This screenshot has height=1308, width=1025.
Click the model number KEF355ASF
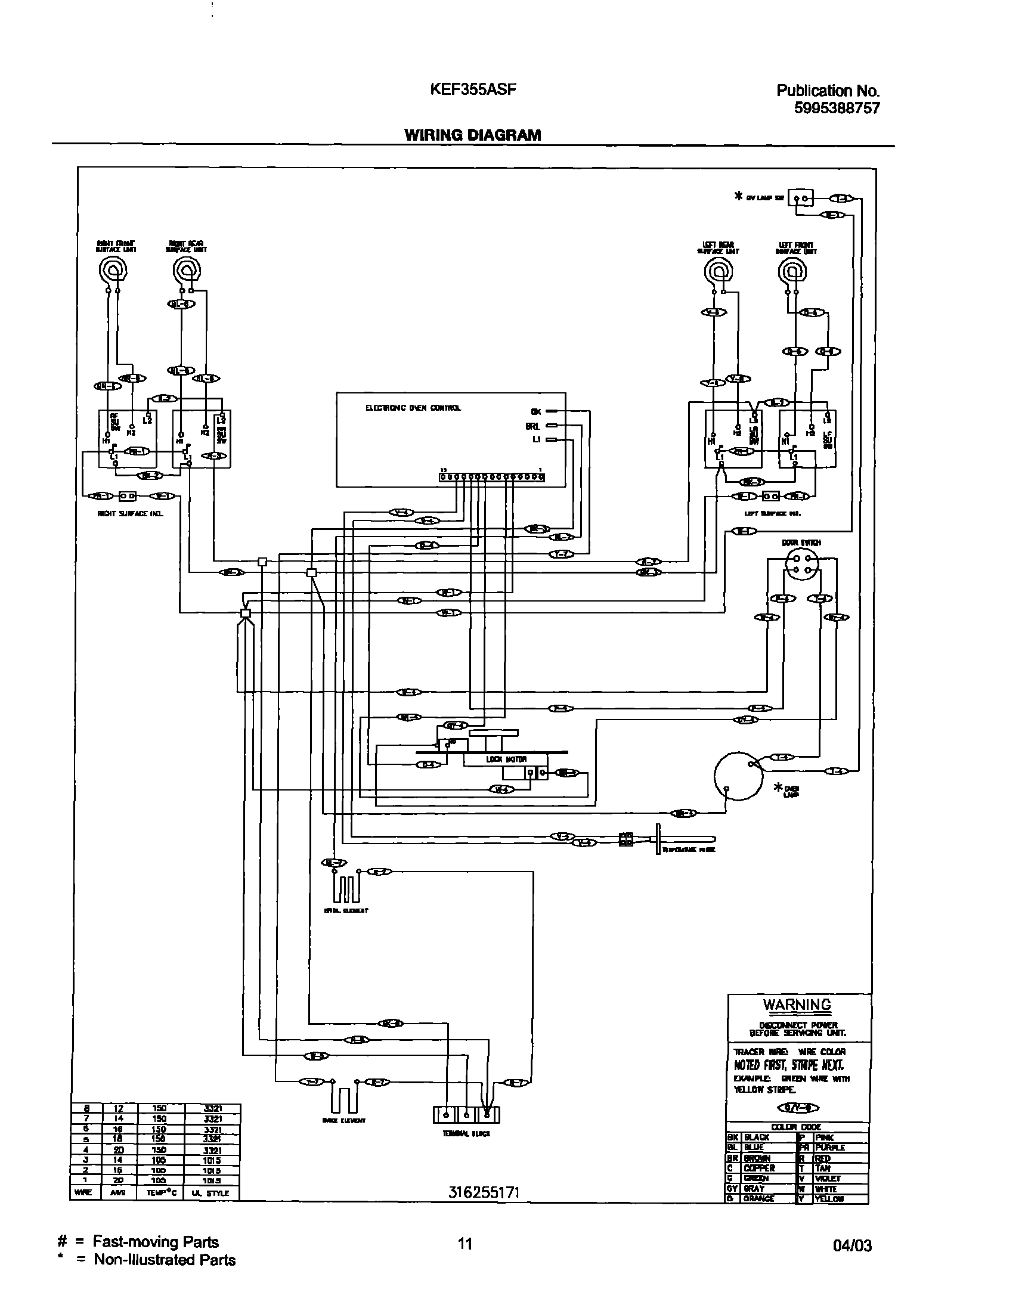click(473, 89)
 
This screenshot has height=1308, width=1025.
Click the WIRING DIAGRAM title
click(472, 135)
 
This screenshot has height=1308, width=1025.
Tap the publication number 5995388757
click(837, 108)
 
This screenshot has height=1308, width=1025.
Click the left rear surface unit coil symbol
click(718, 272)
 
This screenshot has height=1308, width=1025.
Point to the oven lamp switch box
click(801, 197)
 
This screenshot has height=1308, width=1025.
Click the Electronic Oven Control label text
click(413, 408)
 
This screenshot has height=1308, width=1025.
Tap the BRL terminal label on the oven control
click(534, 426)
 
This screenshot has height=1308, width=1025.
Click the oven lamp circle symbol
click(739, 776)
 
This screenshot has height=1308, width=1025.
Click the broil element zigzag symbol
click(346, 889)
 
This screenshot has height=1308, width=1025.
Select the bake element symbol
click(343, 1099)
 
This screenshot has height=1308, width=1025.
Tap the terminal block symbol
click(466, 1115)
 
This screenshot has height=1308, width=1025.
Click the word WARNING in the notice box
click(797, 1005)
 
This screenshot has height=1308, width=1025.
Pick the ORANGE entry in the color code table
click(758, 1199)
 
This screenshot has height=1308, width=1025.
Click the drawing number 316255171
click(483, 1192)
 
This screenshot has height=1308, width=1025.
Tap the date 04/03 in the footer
click(852, 1245)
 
